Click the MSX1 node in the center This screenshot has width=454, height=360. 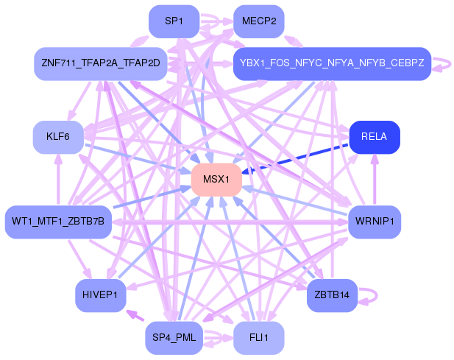[216, 180]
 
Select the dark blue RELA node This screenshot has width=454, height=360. [375, 137]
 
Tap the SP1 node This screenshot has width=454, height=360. [174, 21]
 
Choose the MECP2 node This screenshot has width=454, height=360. [259, 21]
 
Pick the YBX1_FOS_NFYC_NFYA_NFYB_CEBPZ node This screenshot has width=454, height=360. [331, 64]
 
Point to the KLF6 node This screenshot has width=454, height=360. [57, 137]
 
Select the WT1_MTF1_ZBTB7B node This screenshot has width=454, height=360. [58, 222]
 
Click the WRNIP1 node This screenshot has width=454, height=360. [374, 222]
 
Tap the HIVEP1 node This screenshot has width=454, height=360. [100, 295]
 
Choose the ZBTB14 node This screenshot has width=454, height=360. [331, 295]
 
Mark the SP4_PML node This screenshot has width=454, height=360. [174, 338]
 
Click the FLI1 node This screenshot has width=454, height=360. [259, 338]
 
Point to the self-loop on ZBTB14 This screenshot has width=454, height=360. [372, 295]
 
